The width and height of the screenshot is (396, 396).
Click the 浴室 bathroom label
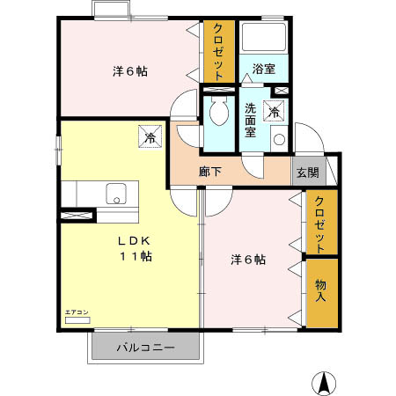(263, 69)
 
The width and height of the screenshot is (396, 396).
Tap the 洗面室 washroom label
(250, 121)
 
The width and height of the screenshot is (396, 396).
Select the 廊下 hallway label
(209, 172)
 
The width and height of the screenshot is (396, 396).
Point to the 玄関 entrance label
(307, 172)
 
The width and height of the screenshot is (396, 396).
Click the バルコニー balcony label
(146, 348)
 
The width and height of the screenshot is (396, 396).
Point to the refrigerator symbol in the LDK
(150, 137)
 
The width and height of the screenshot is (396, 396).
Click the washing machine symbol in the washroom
(274, 112)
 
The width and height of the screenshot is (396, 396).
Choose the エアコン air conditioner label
(77, 312)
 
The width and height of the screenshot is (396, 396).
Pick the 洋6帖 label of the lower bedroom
(248, 260)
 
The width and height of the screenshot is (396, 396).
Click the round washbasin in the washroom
(278, 139)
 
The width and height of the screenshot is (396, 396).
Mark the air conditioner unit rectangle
(77, 321)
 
